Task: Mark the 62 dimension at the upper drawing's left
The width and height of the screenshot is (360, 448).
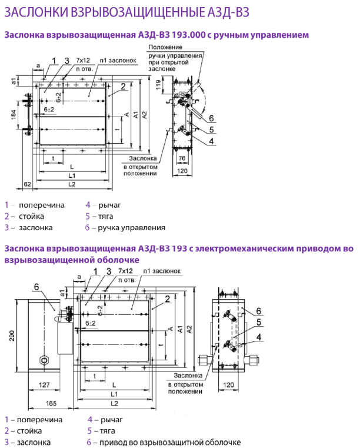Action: (28, 184)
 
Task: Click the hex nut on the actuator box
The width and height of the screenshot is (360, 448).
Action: (44, 359)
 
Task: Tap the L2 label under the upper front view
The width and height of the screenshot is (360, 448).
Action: (72, 184)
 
